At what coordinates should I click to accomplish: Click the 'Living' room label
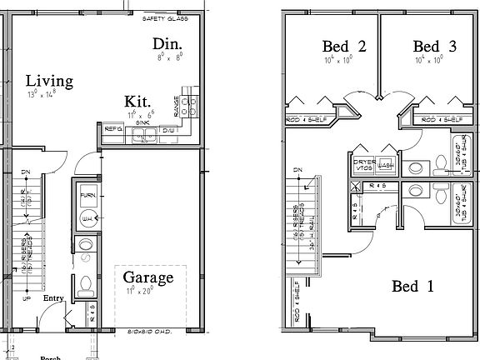point(49,81)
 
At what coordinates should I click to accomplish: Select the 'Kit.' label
point(137,99)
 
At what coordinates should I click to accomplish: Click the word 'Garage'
point(148,277)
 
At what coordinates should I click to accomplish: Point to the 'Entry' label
point(54,297)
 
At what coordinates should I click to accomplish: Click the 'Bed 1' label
point(412,287)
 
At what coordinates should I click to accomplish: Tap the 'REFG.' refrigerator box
point(113,130)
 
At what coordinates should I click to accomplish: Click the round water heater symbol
point(87,218)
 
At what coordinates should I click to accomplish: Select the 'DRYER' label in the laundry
point(362,161)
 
